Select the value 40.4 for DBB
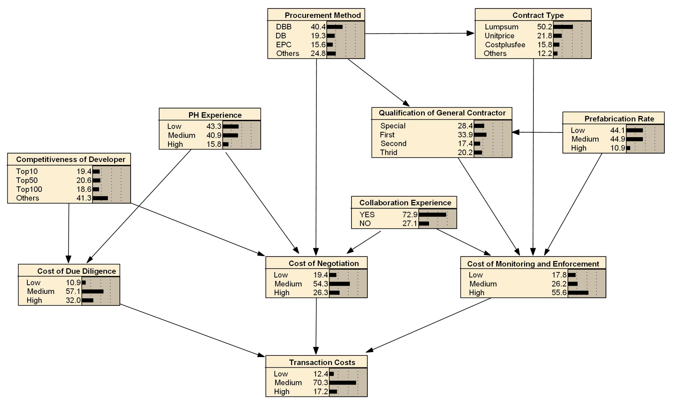318,27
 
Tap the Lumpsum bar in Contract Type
563,27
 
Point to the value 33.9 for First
465,135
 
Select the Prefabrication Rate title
619,119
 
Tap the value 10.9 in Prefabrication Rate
618,148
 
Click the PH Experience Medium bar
230,135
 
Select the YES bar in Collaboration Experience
432,214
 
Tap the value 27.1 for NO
410,223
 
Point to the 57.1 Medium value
73,291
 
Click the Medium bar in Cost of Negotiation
339,284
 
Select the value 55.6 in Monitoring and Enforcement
559,293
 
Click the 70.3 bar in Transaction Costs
342,382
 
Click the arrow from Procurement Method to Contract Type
419,34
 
